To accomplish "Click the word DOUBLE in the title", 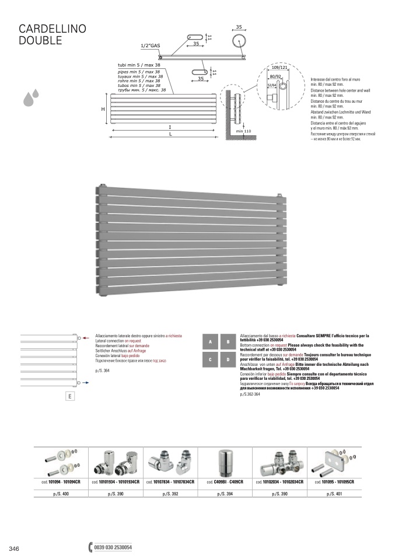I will pyautogui.click(x=40, y=40).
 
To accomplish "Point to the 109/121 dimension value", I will pyautogui.click(x=280, y=68).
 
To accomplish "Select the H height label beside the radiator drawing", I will pyautogui.click(x=102, y=109).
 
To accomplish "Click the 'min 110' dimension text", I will pyautogui.click(x=243, y=131).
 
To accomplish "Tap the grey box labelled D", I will pyautogui.click(x=228, y=360).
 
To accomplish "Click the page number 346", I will pyautogui.click(x=15, y=548).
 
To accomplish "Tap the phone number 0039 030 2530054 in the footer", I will pyautogui.click(x=113, y=548).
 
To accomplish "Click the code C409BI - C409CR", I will pyautogui.click(x=225, y=482).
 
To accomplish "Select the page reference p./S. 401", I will pyautogui.click(x=334, y=494).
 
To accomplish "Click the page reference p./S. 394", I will pyautogui.click(x=225, y=494).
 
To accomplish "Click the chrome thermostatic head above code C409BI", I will pyautogui.click(x=225, y=463).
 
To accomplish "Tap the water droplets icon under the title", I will pyautogui.click(x=31, y=97).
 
